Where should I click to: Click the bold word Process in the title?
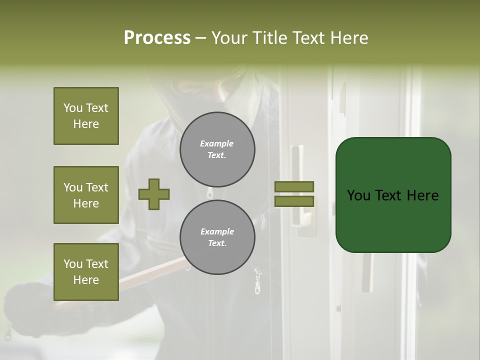[x=157, y=38]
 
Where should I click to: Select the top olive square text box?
[x=86, y=116]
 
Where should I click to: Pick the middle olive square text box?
[x=86, y=195]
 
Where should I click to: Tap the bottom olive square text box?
[x=86, y=272]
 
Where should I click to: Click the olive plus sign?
[x=154, y=194]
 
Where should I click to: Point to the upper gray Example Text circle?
[x=217, y=149]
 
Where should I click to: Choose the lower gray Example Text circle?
[x=217, y=237]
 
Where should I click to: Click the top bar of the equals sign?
[x=294, y=186]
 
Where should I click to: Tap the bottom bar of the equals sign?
[x=294, y=201]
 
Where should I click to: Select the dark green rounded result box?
[x=393, y=195]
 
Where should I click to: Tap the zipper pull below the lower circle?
[x=257, y=282]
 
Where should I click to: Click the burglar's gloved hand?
[x=30, y=310]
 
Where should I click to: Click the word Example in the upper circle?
[x=216, y=143]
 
